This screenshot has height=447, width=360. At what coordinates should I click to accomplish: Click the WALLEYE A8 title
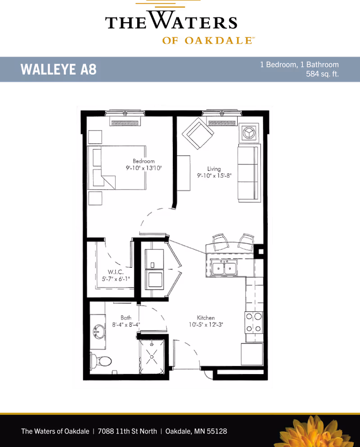pos(58,70)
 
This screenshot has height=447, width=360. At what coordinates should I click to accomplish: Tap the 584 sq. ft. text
pos(322,74)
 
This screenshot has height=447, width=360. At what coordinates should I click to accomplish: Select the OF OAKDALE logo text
pos(208,41)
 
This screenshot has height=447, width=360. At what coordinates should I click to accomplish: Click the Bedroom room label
pos(144,161)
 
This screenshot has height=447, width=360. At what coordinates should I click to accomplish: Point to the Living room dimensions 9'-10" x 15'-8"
pos(214,176)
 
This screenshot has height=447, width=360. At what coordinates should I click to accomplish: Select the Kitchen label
pos(206,318)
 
